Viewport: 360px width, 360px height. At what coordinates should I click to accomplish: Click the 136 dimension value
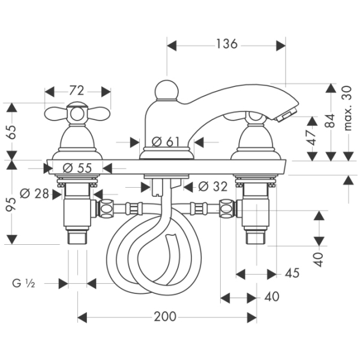227,44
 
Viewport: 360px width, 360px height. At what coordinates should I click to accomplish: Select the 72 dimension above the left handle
77,91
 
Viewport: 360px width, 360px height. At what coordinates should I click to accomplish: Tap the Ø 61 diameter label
166,142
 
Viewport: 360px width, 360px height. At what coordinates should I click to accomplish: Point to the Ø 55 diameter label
77,168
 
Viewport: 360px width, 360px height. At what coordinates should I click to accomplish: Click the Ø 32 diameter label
213,187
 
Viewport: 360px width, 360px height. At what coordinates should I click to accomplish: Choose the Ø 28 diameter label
34,194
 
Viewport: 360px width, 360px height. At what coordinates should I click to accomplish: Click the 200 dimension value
165,317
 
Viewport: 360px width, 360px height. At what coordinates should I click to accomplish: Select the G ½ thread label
23,283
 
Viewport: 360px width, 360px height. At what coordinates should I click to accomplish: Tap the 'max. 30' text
348,109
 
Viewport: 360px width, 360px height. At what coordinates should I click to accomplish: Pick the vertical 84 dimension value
331,121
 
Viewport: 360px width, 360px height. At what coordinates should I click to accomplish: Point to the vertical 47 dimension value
312,137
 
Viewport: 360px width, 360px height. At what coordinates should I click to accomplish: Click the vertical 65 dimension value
11,132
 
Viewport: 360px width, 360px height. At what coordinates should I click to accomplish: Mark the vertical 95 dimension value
11,204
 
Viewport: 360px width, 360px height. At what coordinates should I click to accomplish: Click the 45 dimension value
292,273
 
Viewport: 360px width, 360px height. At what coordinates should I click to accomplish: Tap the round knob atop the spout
166,90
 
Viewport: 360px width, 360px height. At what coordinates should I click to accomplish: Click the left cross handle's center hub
77,114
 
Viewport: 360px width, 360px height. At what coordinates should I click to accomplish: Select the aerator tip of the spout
286,116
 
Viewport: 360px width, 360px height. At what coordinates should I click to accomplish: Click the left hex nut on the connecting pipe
106,209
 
